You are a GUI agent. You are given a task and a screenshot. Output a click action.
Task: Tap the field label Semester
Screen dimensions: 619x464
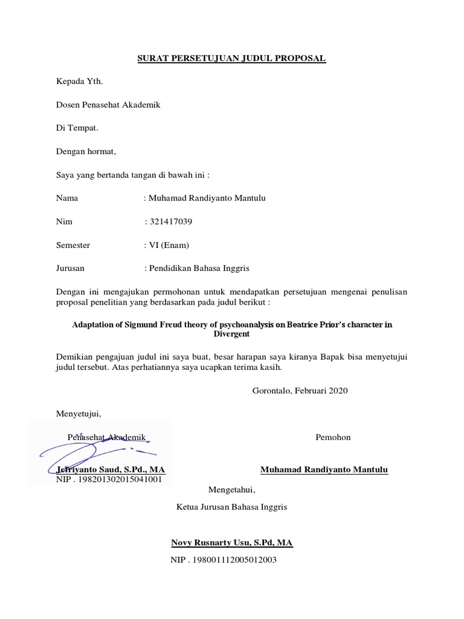pos(73,245)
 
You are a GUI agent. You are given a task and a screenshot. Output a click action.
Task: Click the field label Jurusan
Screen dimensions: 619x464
pos(71,268)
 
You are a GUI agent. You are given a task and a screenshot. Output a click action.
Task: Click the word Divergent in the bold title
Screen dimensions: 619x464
pos(232,333)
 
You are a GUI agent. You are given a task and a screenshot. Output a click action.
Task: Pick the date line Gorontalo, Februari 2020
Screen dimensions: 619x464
pos(300,391)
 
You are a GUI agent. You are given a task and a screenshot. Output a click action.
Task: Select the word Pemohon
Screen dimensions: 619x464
pos(333,437)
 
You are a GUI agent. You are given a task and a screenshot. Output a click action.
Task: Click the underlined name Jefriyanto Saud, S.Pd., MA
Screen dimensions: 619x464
pos(111,470)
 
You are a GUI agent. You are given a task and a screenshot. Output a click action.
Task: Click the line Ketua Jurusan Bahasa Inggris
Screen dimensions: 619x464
pos(231,507)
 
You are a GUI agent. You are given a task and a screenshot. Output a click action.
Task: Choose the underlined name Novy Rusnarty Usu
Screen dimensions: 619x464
pos(232,543)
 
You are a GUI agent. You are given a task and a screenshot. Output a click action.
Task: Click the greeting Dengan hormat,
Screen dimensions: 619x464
pos(85,151)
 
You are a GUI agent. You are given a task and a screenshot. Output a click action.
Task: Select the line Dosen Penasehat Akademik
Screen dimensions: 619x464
pos(108,105)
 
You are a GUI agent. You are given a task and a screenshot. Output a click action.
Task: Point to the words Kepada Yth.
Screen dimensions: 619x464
pos(76,81)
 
